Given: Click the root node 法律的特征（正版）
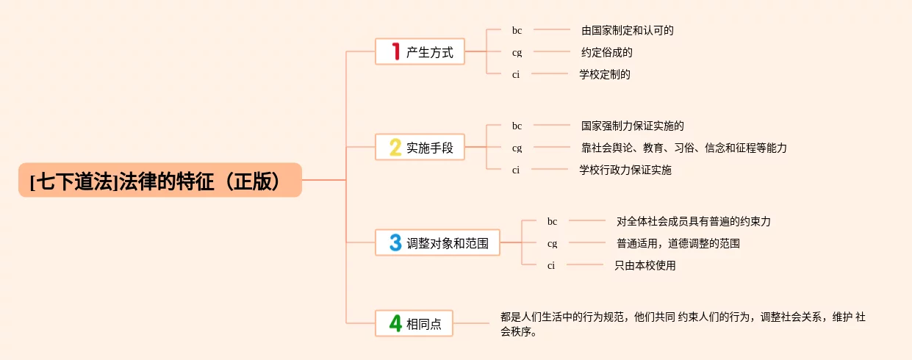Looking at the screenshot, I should pos(159,180).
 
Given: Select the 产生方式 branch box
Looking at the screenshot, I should pos(420,52).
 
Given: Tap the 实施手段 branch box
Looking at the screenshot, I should pos(420,148).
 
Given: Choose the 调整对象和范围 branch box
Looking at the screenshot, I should pos(437,243).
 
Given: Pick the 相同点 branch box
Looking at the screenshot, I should pos(414,324).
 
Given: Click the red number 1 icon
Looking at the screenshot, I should pos(395,51).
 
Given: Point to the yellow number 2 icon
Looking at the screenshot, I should pos(395,148).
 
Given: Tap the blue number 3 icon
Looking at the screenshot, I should pos(395,242).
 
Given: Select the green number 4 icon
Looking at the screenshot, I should pos(395,324).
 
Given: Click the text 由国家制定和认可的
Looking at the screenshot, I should pos(627,30).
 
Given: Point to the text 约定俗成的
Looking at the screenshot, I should pos(606,52).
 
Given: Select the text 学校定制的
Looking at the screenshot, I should pos(604,74).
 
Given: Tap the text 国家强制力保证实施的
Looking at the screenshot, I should pos(632,126).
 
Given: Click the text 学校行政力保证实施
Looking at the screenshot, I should pos(625,170).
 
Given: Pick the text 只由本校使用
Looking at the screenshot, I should pos(644,265).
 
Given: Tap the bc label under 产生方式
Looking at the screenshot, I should pos(517,30).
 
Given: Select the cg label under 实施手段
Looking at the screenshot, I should pos(517,148).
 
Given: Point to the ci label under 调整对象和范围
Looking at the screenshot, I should pos(551,265).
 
